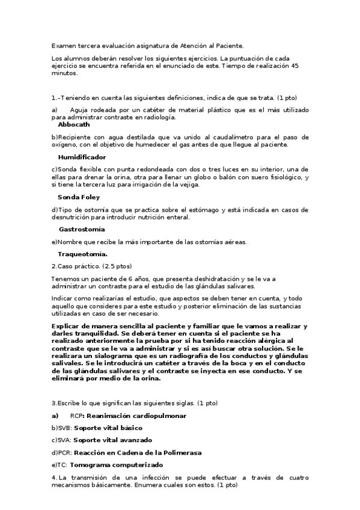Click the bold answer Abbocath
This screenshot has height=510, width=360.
74,125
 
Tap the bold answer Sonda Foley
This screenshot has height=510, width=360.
79,197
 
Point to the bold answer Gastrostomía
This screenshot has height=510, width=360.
82,229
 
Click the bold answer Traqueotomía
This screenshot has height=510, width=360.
83,254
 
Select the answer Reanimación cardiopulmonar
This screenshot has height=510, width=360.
135,416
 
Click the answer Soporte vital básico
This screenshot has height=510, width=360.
108,428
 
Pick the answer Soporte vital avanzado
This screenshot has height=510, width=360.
112,440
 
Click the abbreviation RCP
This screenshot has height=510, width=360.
75,416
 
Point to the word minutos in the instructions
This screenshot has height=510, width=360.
64,73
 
